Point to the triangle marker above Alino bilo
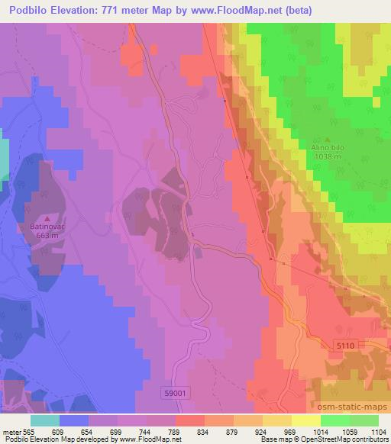click(328, 140)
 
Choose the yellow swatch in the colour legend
click(305, 420)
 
